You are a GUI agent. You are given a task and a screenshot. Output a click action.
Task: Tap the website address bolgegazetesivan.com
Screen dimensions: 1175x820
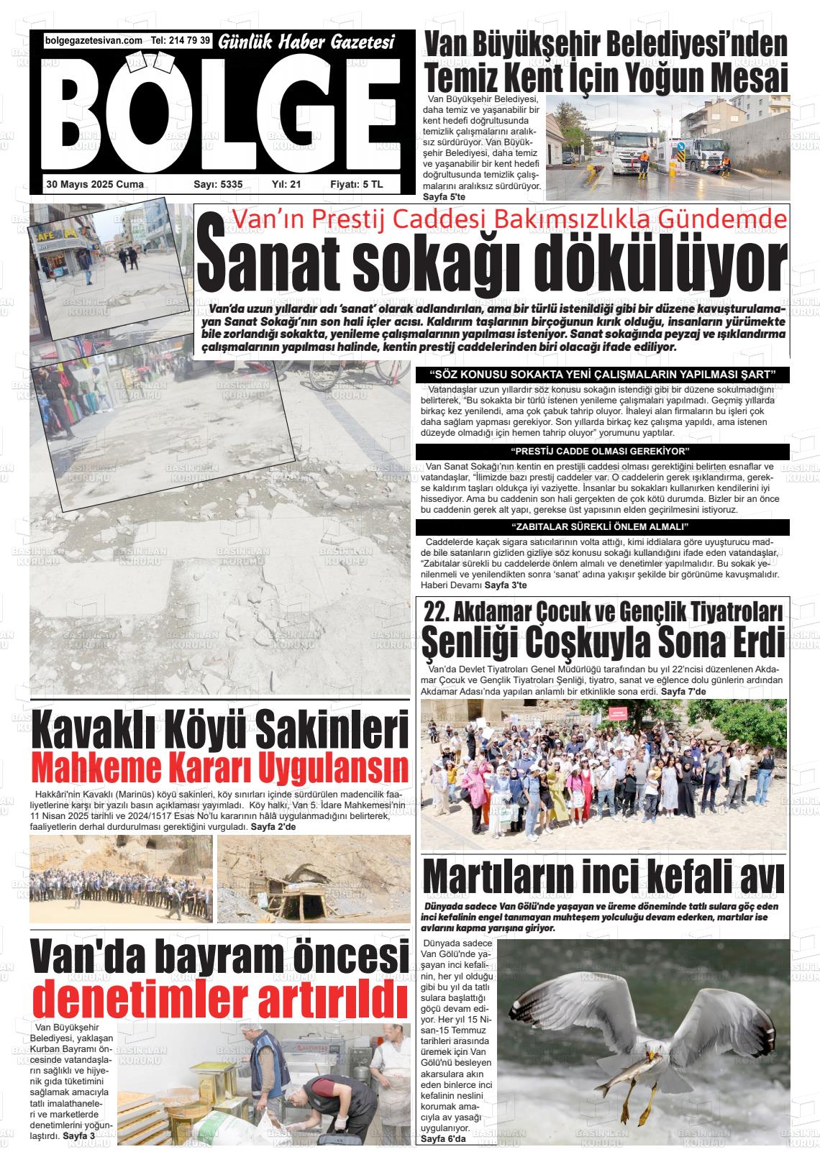click(94, 41)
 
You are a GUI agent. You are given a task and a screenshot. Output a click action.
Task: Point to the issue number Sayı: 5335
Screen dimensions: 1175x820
click(218, 185)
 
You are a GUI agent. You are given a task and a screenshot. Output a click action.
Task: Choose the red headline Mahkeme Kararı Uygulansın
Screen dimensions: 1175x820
click(220, 769)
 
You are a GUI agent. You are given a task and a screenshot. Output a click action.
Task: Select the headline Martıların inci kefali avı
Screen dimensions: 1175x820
click(603, 876)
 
